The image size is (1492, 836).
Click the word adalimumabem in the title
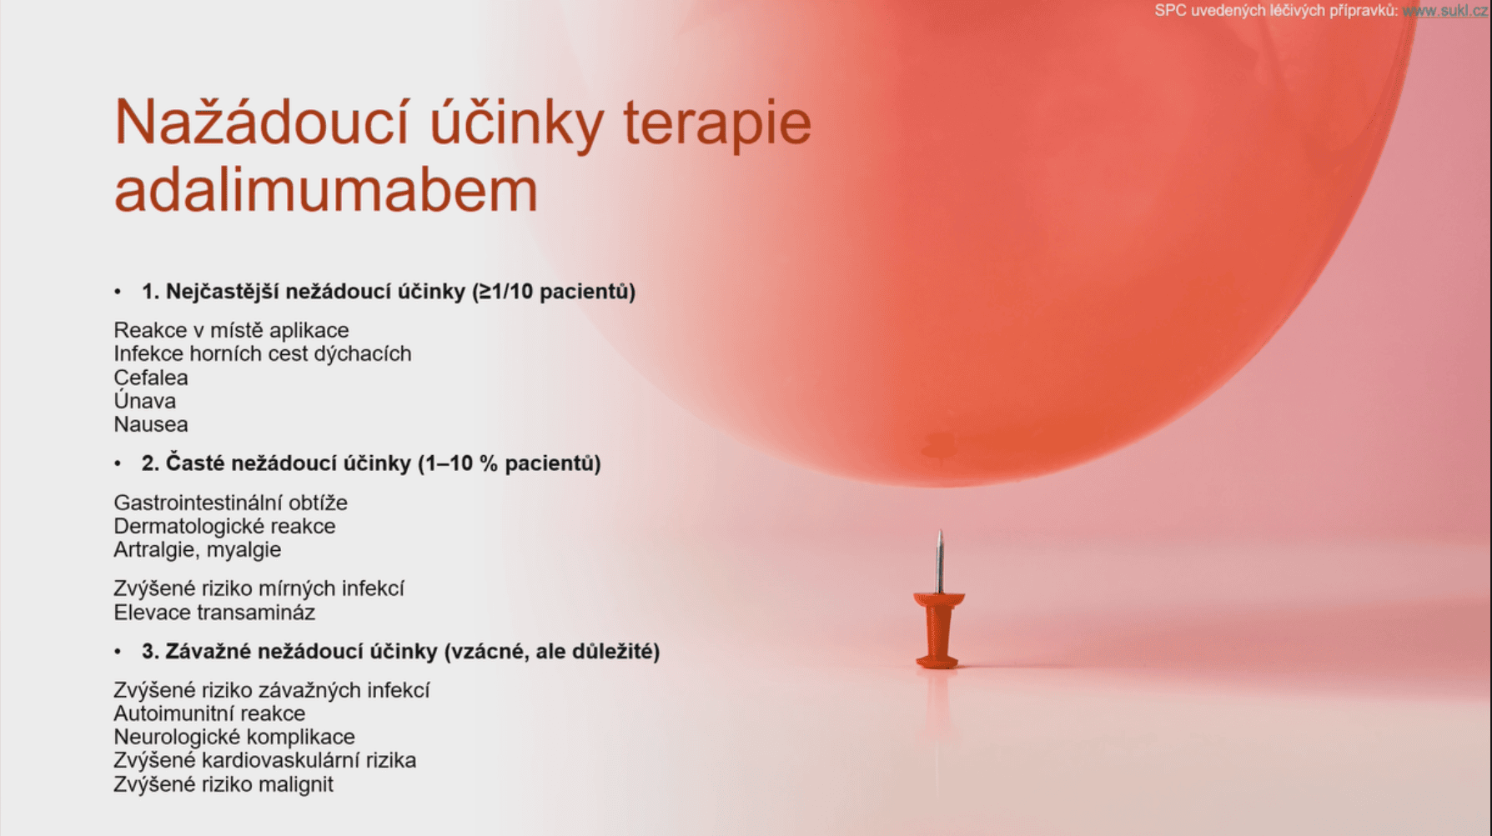point(326,190)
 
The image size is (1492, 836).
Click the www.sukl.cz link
point(1444,11)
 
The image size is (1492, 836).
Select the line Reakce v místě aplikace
point(231,330)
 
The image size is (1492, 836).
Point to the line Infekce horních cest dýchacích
point(263,353)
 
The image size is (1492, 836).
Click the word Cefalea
point(151,378)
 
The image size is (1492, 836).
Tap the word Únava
point(145,401)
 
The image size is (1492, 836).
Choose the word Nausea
point(151,424)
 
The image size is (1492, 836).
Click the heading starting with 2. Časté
point(371,463)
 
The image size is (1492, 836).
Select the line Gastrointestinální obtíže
point(231,503)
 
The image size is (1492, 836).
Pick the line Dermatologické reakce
point(224,526)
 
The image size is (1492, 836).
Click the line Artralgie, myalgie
point(198,550)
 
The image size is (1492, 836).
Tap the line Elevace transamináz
point(214,613)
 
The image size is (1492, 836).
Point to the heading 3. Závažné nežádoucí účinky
point(400,652)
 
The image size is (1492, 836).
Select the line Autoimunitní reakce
point(209,713)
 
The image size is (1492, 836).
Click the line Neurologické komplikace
point(234,737)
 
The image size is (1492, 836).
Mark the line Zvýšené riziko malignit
point(224,784)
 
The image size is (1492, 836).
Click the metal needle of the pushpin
point(940,562)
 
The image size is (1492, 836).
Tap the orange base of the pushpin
point(938,630)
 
